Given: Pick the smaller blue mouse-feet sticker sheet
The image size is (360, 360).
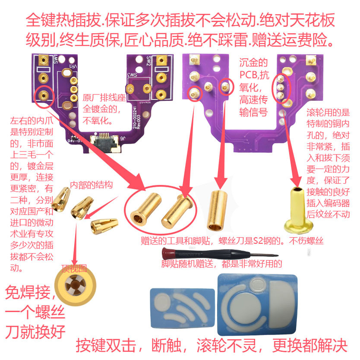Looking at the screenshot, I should tap(182, 306).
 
